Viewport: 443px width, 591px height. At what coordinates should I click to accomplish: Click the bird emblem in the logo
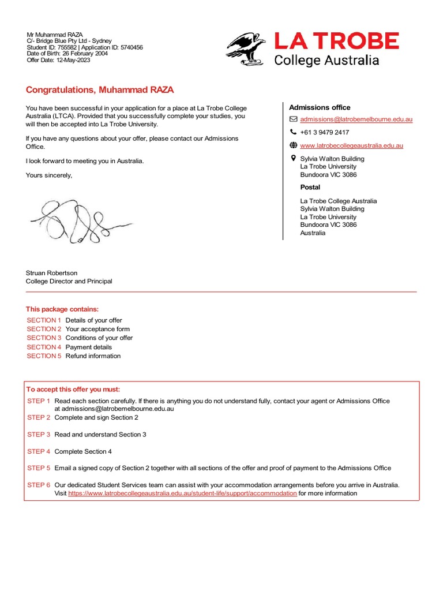tap(246, 49)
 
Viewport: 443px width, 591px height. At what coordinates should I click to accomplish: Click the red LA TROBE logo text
tap(336, 42)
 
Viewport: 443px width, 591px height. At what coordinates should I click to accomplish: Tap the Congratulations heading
tap(100, 90)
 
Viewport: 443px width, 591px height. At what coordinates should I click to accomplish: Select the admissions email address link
tap(356, 119)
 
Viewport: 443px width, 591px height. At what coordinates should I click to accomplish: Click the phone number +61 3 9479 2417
tap(324, 132)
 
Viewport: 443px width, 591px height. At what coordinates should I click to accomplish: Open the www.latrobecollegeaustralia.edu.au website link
tap(351, 145)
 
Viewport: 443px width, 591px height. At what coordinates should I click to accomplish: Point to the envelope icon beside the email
tap(293, 119)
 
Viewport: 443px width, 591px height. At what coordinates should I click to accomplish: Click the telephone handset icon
tap(293, 132)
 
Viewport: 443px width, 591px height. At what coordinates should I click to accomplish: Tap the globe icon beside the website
tap(293, 145)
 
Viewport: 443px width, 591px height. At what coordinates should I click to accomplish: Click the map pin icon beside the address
tap(293, 158)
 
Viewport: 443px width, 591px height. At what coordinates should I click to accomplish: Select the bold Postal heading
tap(310, 188)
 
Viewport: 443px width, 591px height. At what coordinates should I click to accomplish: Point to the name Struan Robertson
tap(51, 273)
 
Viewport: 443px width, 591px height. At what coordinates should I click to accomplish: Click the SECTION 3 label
tap(44, 338)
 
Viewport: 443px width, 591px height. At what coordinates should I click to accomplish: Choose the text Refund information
tap(93, 356)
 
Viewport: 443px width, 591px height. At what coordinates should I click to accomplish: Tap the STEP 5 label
tap(39, 468)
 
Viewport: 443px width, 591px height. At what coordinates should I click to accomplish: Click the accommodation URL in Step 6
tap(182, 493)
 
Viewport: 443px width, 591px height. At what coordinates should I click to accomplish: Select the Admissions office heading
tap(320, 107)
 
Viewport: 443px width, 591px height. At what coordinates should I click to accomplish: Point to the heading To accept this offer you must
tap(73, 390)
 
